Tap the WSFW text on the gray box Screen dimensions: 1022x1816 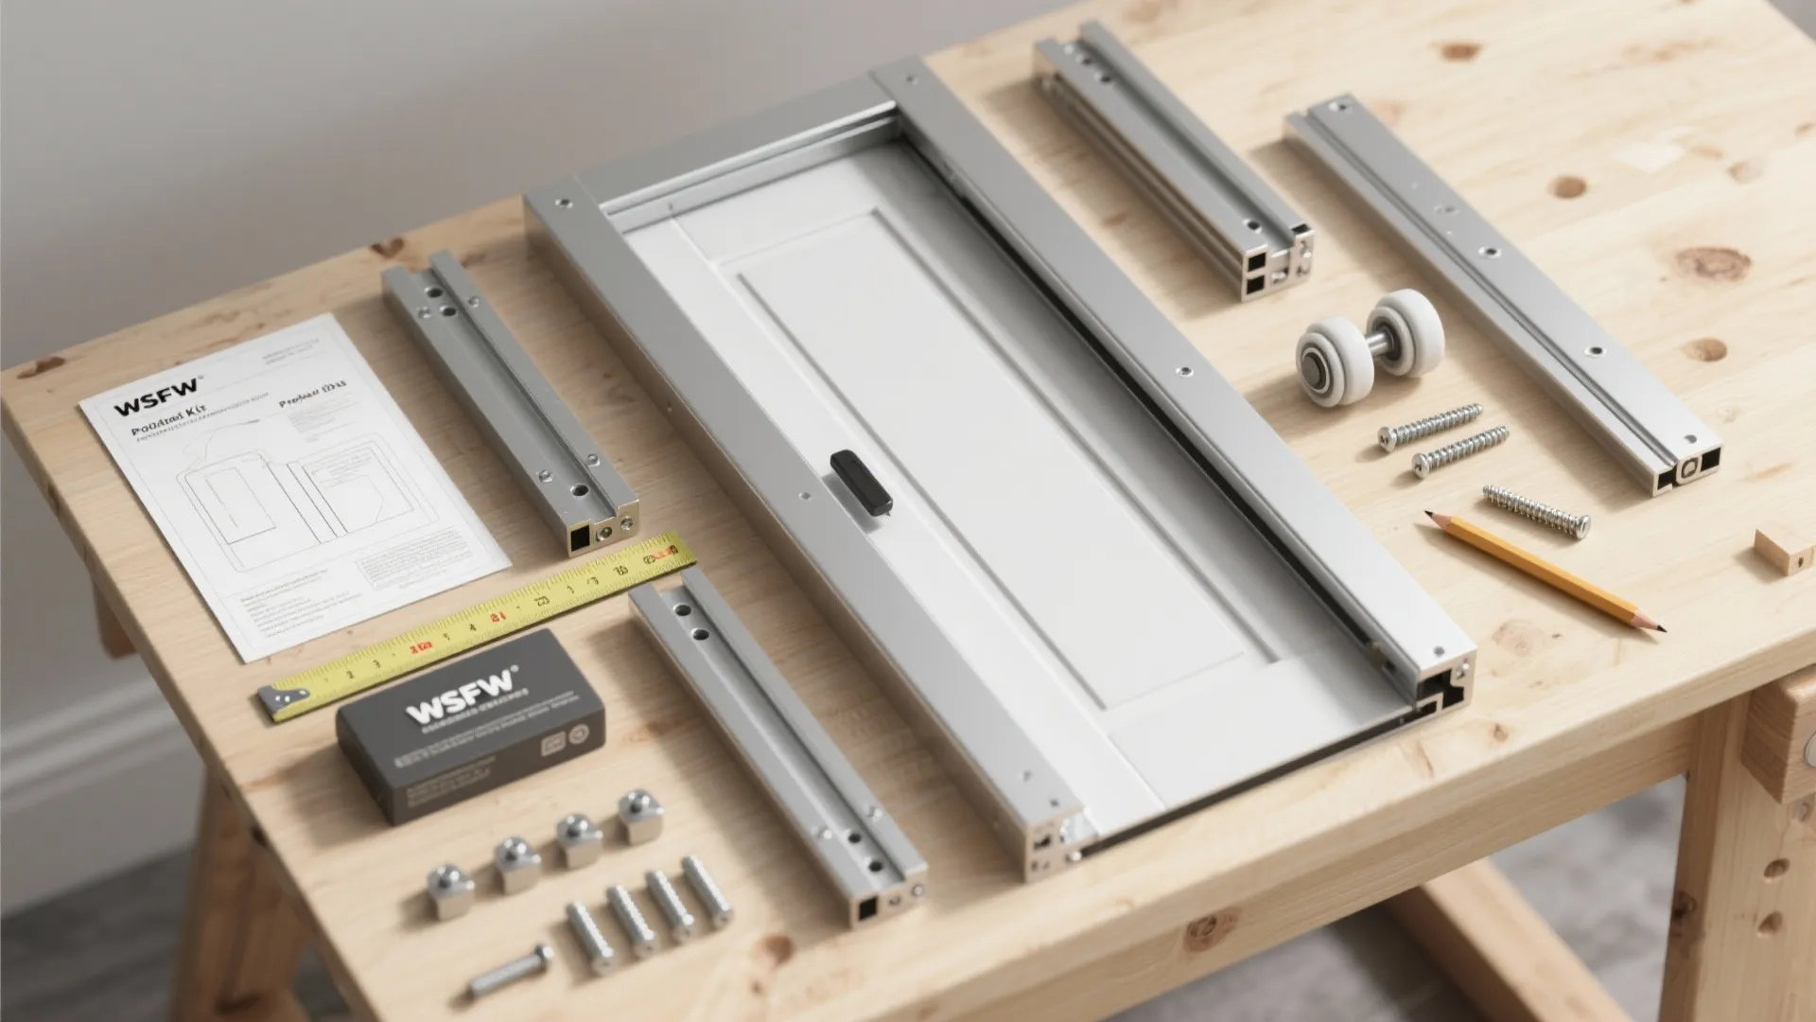coord(461,709)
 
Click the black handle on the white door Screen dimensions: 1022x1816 coord(861,483)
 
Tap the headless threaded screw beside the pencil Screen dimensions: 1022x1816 coord(1535,510)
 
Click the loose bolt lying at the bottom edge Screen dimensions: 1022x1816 coord(511,969)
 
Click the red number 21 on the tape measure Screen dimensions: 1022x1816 coord(498,617)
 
